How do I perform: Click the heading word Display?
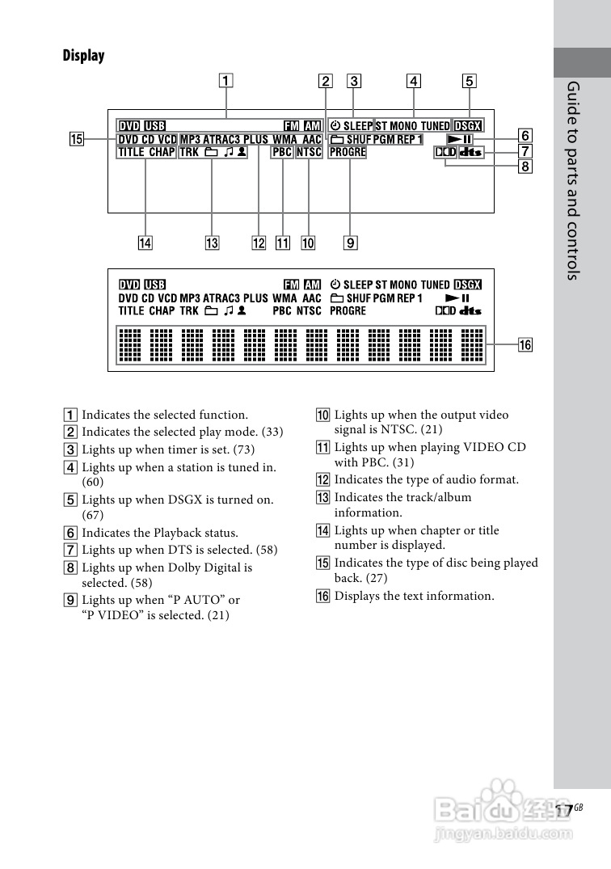[x=84, y=56]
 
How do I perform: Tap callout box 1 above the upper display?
[x=225, y=80]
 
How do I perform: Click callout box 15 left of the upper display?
[x=76, y=139]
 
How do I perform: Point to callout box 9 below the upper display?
[x=350, y=242]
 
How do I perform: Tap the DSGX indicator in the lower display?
[x=467, y=285]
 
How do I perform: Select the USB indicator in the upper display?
[x=154, y=126]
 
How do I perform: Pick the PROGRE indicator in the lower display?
[x=348, y=310]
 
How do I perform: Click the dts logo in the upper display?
[x=471, y=152]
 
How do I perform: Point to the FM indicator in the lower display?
[x=292, y=285]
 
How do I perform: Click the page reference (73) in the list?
[x=244, y=449]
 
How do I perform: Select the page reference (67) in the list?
[x=93, y=515]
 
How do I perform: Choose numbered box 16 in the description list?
[x=323, y=596]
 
